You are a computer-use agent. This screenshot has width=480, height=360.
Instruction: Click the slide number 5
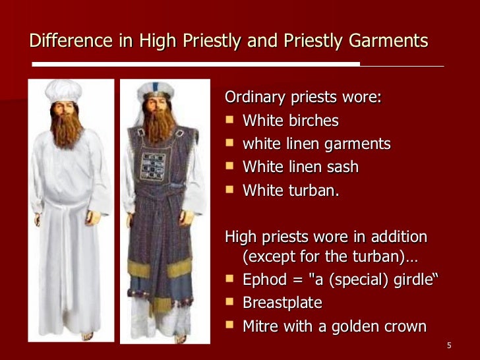pyautogui.click(x=448, y=345)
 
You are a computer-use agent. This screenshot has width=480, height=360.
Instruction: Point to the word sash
pyautogui.click(x=342, y=167)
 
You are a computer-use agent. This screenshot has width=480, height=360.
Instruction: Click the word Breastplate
pyautogui.click(x=282, y=303)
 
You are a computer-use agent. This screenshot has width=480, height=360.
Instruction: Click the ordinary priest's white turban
pyautogui.click(x=64, y=90)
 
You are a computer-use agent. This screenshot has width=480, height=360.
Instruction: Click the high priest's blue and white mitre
pyautogui.click(x=156, y=90)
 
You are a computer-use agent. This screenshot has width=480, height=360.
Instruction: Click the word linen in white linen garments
pyautogui.click(x=299, y=144)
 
